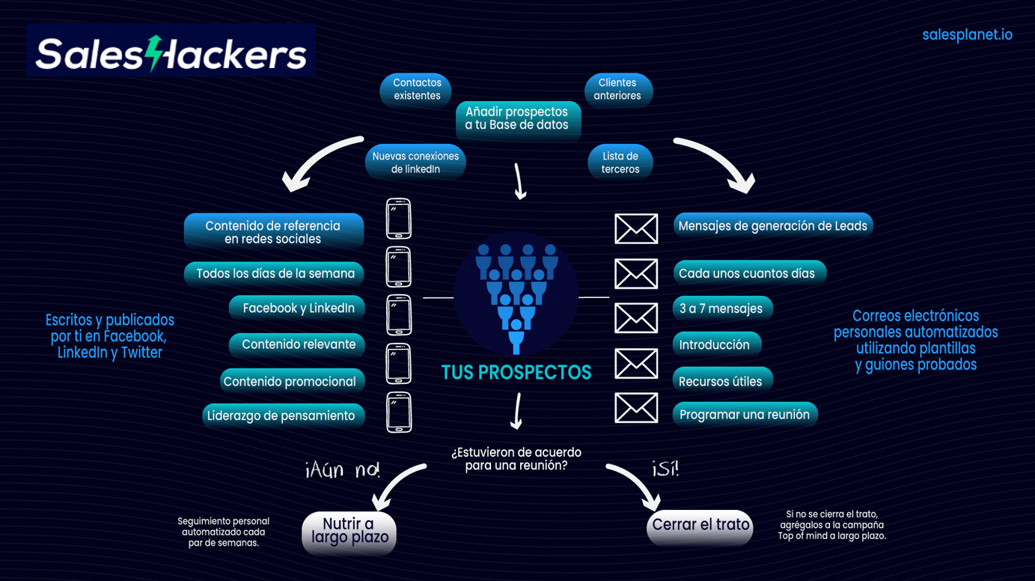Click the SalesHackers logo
coord(171,52)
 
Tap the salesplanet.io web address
coord(967,35)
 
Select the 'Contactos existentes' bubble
coord(417,89)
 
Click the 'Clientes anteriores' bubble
coord(617,89)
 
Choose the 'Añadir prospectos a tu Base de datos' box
coord(517,118)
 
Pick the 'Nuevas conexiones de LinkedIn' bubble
coord(415,162)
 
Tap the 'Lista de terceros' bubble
coord(620,162)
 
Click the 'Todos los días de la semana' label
coord(275,273)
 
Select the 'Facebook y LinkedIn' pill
coord(298,308)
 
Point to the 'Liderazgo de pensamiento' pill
coord(283,416)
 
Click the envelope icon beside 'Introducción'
coord(636,364)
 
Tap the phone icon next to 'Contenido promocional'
coord(399,364)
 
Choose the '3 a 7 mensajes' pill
coord(721,308)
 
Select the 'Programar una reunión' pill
coord(745,414)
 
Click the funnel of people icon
coord(516,296)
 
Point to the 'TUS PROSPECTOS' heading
coord(516,372)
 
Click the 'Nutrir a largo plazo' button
coord(349,531)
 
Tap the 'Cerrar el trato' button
coord(700,525)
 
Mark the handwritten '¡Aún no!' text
coord(344,469)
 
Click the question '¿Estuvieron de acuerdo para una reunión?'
coord(516,459)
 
